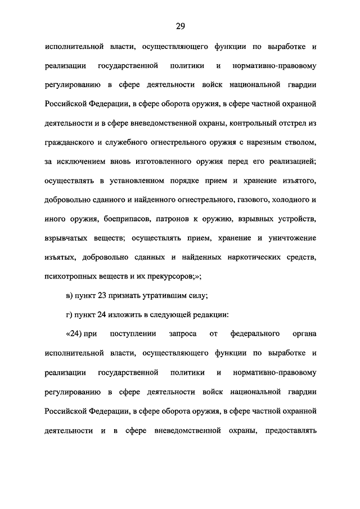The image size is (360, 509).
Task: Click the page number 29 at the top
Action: pos(180,26)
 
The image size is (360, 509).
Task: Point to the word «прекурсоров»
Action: pos(165,277)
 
